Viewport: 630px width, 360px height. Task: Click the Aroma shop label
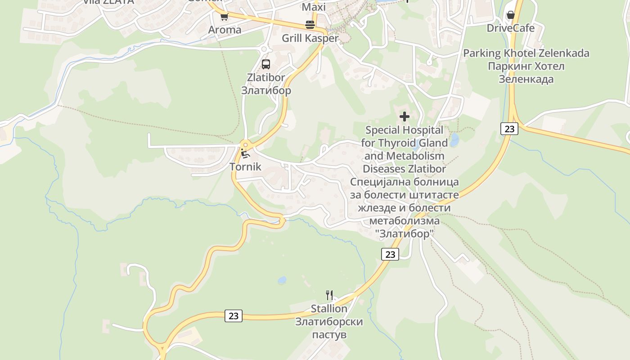click(225, 30)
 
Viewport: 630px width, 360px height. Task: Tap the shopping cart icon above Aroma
click(224, 17)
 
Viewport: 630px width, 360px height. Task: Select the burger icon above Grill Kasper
click(310, 25)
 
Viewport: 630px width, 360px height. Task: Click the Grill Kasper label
click(310, 38)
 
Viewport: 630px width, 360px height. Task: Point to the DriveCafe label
click(511, 28)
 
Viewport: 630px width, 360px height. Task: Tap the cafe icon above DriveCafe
click(510, 15)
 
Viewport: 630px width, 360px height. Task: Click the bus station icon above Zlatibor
click(266, 64)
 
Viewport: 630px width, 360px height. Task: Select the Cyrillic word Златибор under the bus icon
click(266, 90)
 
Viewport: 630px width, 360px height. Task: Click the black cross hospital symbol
click(405, 117)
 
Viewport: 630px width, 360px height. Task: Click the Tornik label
click(245, 166)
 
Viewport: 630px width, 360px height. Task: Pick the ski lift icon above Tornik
click(245, 154)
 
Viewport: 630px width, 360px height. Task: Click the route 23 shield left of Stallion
click(234, 315)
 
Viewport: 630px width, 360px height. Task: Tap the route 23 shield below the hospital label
click(390, 254)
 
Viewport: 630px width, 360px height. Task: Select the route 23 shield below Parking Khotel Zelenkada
click(509, 129)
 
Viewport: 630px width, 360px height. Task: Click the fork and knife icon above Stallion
click(329, 295)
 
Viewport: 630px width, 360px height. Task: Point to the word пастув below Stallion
click(329, 335)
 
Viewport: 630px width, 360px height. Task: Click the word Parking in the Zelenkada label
click(482, 53)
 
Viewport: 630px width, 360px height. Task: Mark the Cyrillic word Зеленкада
click(526, 79)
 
